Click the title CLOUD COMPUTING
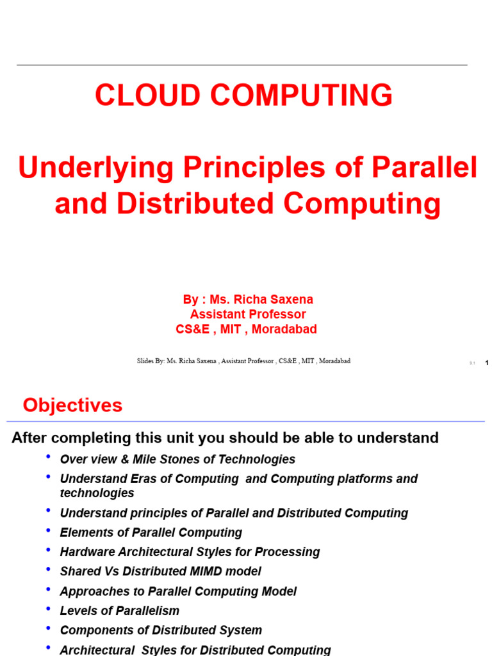(243, 95)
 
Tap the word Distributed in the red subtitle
(196, 204)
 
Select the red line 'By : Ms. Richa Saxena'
(248, 299)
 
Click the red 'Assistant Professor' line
(248, 315)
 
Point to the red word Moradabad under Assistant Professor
(284, 329)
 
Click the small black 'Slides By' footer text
(243, 361)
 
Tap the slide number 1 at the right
(487, 363)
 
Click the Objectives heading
(72, 405)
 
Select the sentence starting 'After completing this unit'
(225, 438)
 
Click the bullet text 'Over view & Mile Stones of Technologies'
(177, 459)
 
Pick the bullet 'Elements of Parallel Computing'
(151, 532)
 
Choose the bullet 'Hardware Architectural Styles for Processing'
(190, 552)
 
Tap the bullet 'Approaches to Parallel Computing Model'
(178, 591)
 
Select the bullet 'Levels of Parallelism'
(119, 611)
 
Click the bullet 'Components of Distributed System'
(161, 630)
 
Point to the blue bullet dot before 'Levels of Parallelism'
(48, 608)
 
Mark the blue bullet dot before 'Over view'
(48, 456)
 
